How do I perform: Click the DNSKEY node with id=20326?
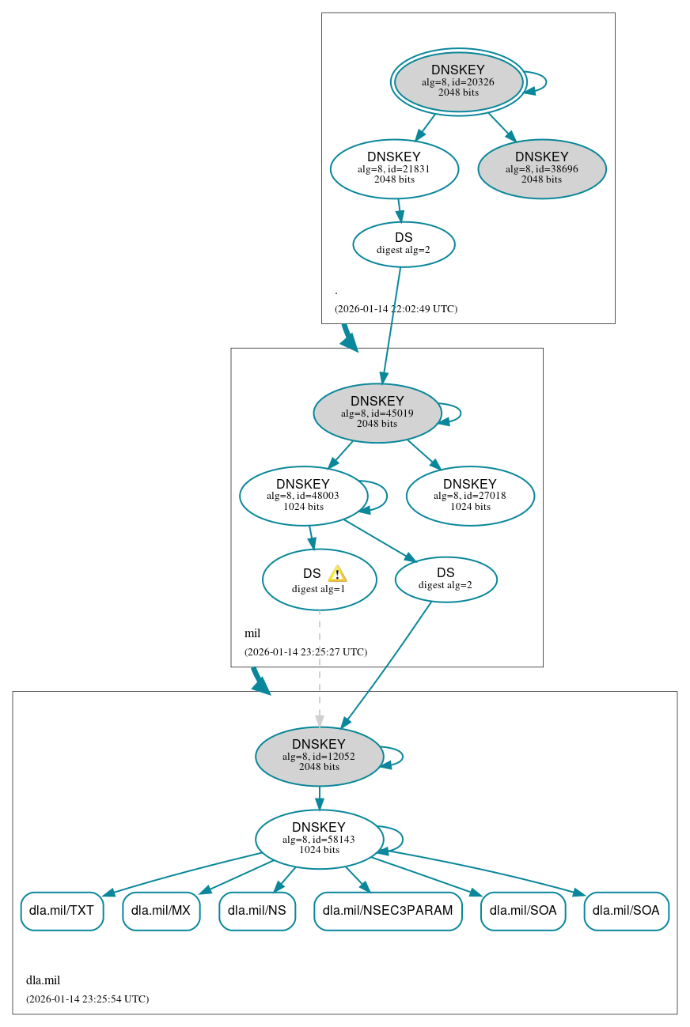coord(458,81)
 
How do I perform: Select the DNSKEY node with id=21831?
coord(394,168)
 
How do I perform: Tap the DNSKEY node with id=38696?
coord(541,168)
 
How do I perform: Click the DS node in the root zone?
coord(404,244)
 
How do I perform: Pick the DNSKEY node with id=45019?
coord(377,413)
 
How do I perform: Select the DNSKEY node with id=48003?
coord(303,496)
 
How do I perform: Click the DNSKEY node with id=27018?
coord(470,496)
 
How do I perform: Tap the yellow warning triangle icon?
coord(337,574)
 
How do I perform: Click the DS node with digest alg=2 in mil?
coord(445,580)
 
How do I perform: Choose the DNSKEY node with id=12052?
coord(319,756)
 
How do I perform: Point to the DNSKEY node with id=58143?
coord(319,839)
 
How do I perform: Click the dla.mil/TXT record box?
coord(62,911)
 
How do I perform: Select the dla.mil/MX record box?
coord(161,911)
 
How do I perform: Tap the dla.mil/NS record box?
coord(257,911)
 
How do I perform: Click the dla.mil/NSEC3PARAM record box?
coord(388,911)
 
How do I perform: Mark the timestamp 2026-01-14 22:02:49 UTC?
coord(396,309)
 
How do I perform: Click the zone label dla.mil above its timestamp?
coord(43,980)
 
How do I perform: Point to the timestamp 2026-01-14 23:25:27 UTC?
coord(305,652)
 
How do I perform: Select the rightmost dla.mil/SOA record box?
coord(626,911)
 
